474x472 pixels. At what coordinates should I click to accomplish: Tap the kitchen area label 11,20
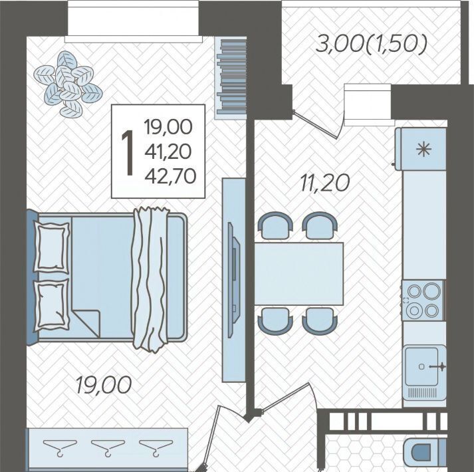[325, 183]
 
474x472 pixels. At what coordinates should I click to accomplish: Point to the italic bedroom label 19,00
[104, 385]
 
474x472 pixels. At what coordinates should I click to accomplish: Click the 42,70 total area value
[170, 176]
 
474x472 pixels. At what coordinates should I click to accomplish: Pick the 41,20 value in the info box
[168, 152]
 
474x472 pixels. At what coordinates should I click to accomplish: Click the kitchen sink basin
[421, 366]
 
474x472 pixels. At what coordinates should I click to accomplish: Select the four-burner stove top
[423, 300]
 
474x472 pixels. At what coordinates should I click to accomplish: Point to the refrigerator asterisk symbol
[423, 150]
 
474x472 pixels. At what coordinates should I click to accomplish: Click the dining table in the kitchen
[299, 274]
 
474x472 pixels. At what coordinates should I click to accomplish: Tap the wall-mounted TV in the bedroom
[234, 281]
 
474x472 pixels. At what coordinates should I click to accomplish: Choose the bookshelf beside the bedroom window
[231, 78]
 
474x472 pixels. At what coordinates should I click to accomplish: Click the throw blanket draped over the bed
[150, 279]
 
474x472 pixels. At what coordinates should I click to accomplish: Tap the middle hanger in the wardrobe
[108, 447]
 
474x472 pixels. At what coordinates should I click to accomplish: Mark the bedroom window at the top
[134, 21]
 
